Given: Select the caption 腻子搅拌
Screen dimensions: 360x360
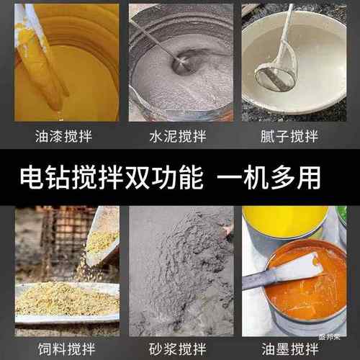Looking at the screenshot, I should click(x=295, y=134).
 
